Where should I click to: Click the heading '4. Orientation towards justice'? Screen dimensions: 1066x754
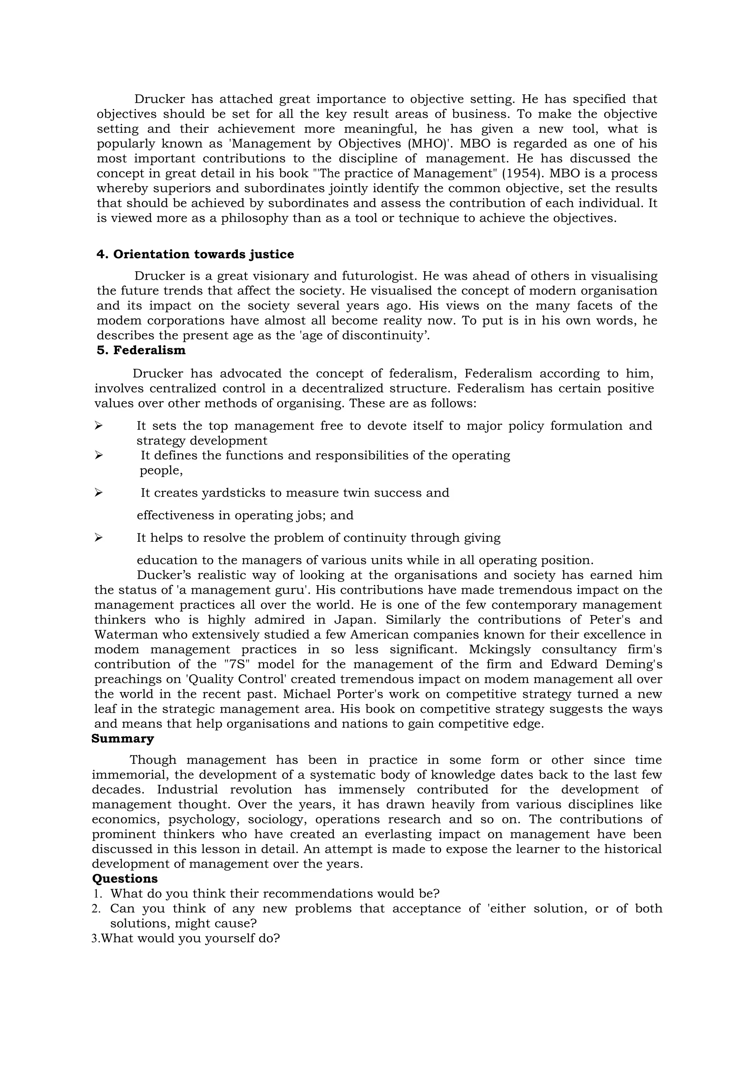pyautogui.click(x=195, y=254)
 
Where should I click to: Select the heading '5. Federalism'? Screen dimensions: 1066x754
pyautogui.click(x=141, y=350)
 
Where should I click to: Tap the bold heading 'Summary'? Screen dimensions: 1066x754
pyautogui.click(x=122, y=739)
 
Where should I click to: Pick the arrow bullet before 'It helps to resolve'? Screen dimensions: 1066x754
pyautogui.click(x=98, y=538)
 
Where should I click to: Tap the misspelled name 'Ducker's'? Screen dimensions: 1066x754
pyautogui.click(x=163, y=575)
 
